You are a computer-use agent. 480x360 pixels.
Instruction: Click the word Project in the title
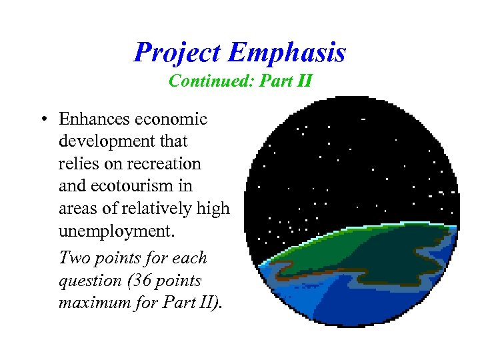176,53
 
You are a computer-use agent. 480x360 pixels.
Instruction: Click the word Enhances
95,119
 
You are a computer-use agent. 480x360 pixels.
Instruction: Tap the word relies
77,163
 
